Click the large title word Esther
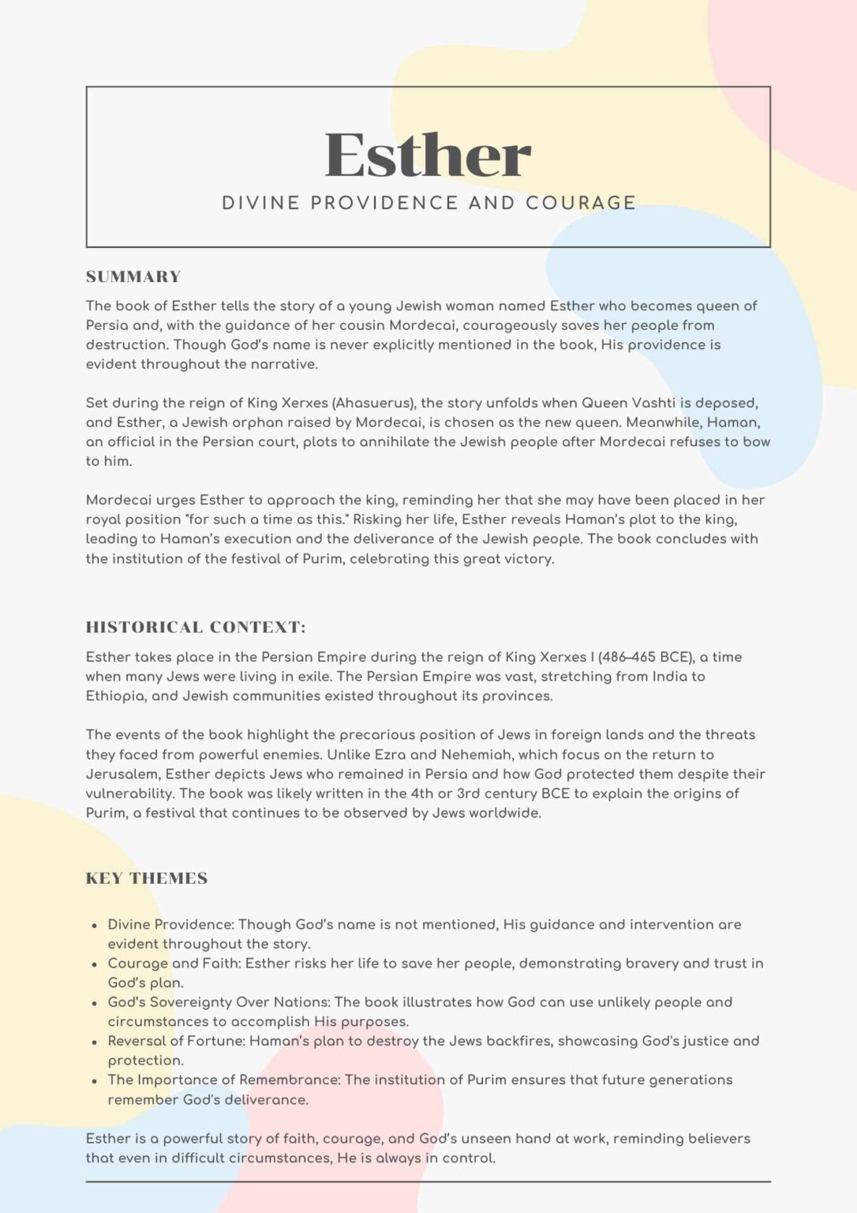428,156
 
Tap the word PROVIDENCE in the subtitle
384,203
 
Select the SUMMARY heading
133,276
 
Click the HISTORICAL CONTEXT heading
196,627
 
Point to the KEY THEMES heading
147,878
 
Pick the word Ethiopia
115,696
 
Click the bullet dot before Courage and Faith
95,964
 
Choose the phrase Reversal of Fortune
175,1041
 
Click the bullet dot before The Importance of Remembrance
95,1080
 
